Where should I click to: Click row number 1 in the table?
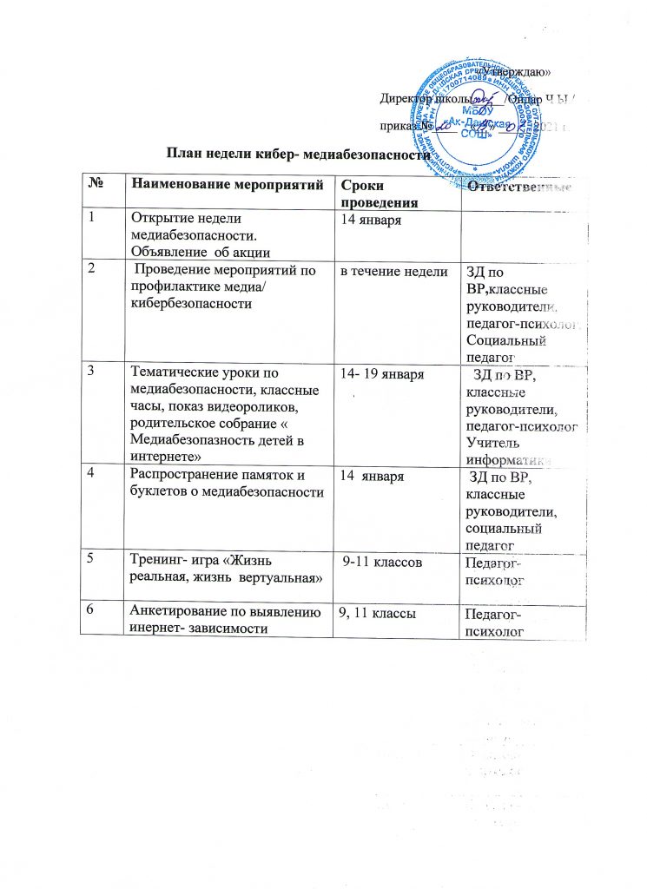click(x=89, y=217)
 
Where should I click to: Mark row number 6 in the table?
click(x=90, y=612)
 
